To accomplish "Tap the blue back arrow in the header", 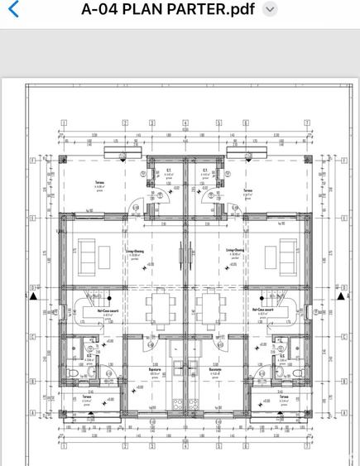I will coord(12,10).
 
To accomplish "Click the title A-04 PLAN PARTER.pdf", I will coord(168,10).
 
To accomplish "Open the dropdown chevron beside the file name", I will coord(269,10).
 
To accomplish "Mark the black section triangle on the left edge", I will coord(33,295).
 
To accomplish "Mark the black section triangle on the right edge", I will coord(340,295).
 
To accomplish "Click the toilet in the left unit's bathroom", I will coord(75,374).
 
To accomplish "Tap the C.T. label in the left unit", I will coord(168,171).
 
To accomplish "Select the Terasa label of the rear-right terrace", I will coord(247,190).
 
